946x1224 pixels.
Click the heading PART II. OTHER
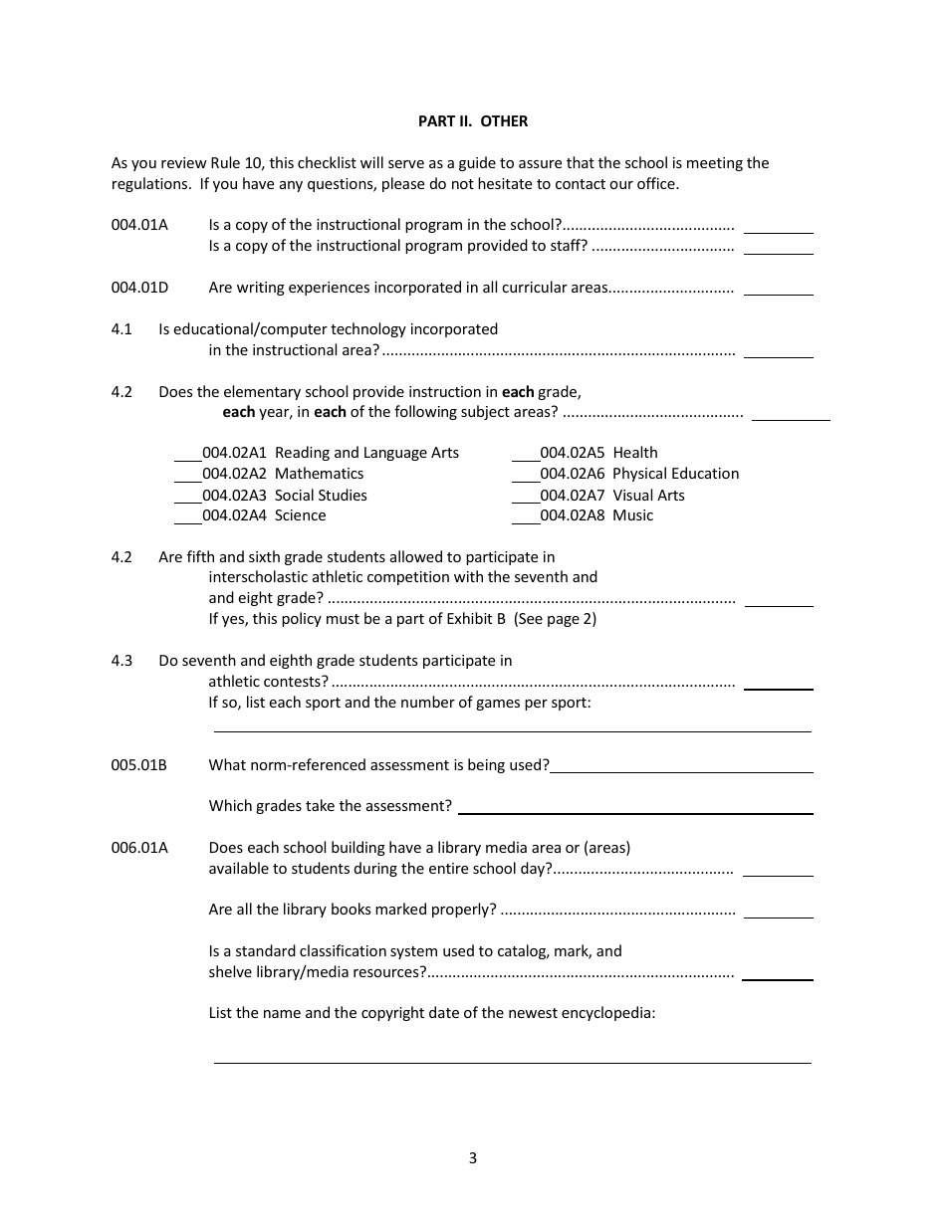pyautogui.click(x=473, y=121)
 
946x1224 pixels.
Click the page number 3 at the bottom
pyautogui.click(x=473, y=1158)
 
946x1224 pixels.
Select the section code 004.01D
pyautogui.click(x=140, y=288)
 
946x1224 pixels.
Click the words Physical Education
pyautogui.click(x=675, y=474)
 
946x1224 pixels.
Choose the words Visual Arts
pyautogui.click(x=648, y=496)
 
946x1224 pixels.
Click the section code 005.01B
pyautogui.click(x=139, y=765)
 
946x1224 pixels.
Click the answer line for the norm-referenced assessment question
pyautogui.click(x=681, y=770)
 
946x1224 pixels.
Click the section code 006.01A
pyautogui.click(x=140, y=848)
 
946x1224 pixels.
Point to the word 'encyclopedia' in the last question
pyautogui.click(x=610, y=1013)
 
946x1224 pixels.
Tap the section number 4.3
pyautogui.click(x=121, y=661)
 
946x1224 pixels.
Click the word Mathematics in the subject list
pyautogui.click(x=319, y=474)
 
